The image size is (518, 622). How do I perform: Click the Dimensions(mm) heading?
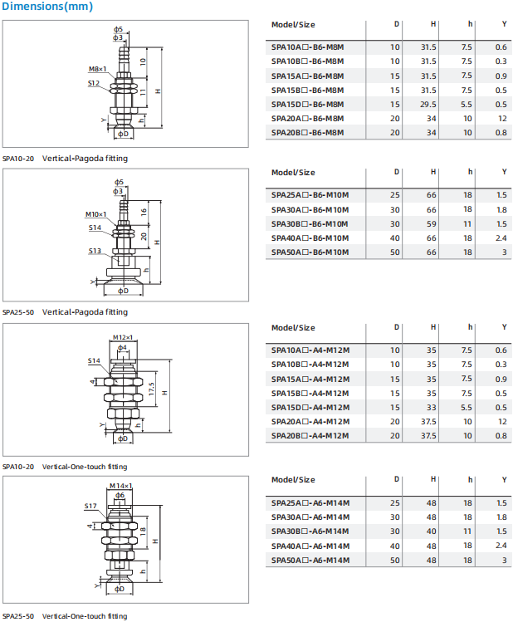click(46, 7)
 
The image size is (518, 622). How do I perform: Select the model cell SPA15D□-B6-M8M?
click(307, 104)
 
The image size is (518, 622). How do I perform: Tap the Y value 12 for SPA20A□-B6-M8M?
click(502, 119)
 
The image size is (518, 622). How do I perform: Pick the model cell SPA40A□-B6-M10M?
click(310, 238)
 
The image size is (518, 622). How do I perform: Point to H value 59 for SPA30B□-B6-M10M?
click(432, 223)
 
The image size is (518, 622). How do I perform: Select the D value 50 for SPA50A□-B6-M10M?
click(395, 252)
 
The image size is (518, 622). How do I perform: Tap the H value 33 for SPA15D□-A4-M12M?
click(432, 408)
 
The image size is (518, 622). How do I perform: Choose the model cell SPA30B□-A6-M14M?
click(310, 531)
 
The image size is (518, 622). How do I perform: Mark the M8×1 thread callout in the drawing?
click(97, 69)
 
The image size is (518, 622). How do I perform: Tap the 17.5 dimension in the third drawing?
click(150, 389)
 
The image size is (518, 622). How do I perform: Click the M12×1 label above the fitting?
click(122, 336)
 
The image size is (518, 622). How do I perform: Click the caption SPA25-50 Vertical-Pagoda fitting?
click(65, 312)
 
